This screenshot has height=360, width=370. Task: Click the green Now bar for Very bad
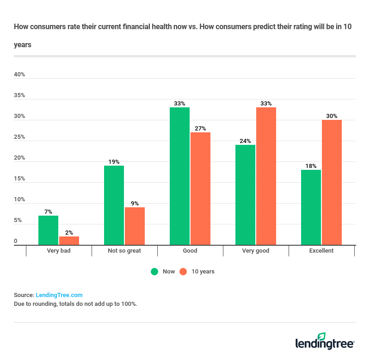click(48, 230)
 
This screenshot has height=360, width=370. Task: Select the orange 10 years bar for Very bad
click(69, 241)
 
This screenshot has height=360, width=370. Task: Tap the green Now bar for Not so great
click(114, 205)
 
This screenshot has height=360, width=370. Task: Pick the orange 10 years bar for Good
click(200, 188)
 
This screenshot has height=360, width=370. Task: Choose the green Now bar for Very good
click(245, 195)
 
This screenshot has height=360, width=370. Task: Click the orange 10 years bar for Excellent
click(332, 182)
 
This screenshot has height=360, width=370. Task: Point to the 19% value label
click(114, 162)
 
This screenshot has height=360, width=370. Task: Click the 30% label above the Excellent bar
click(332, 116)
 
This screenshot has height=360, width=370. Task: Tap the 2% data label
click(69, 233)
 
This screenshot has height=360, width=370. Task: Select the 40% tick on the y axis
click(19, 74)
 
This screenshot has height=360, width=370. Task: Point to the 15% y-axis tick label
click(19, 179)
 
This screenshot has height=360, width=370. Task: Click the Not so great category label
click(124, 251)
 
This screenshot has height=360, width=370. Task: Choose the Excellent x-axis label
click(321, 251)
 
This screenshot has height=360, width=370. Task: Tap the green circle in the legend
click(154, 272)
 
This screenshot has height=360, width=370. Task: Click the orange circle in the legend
click(183, 272)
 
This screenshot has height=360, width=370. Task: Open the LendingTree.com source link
click(59, 295)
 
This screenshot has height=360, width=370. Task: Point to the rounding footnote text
click(75, 304)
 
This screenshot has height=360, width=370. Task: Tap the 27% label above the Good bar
click(200, 129)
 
